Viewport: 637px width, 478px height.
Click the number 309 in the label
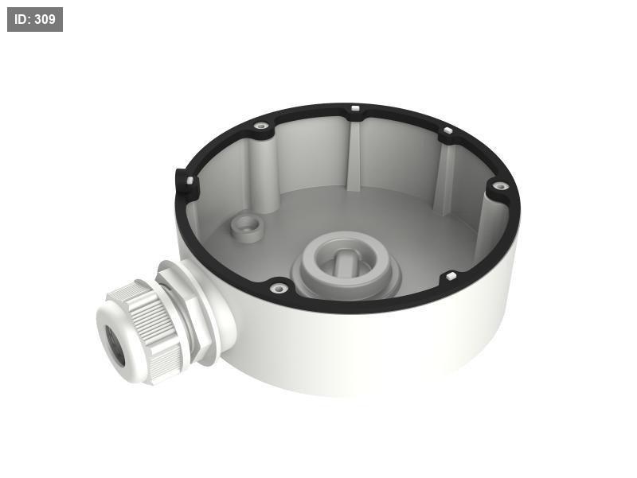point(45,19)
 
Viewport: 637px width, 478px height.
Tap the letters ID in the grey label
point(22,19)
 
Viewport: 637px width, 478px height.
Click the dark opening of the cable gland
point(115,345)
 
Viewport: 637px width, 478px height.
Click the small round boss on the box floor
point(246,228)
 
